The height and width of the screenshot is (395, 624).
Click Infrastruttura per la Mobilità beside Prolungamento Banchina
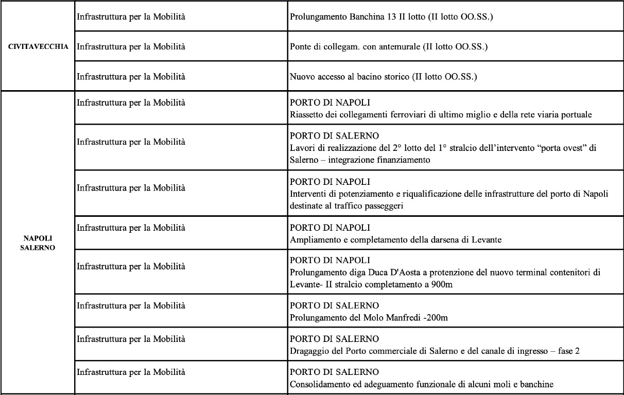tap(131, 17)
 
